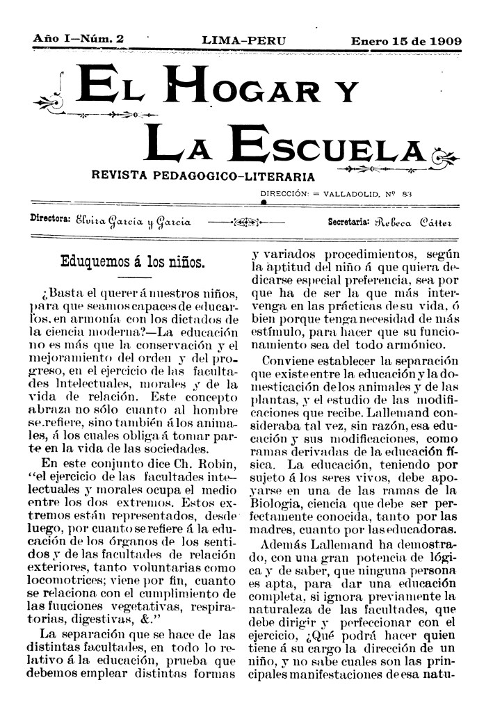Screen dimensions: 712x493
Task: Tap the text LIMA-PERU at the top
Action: tap(244, 41)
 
